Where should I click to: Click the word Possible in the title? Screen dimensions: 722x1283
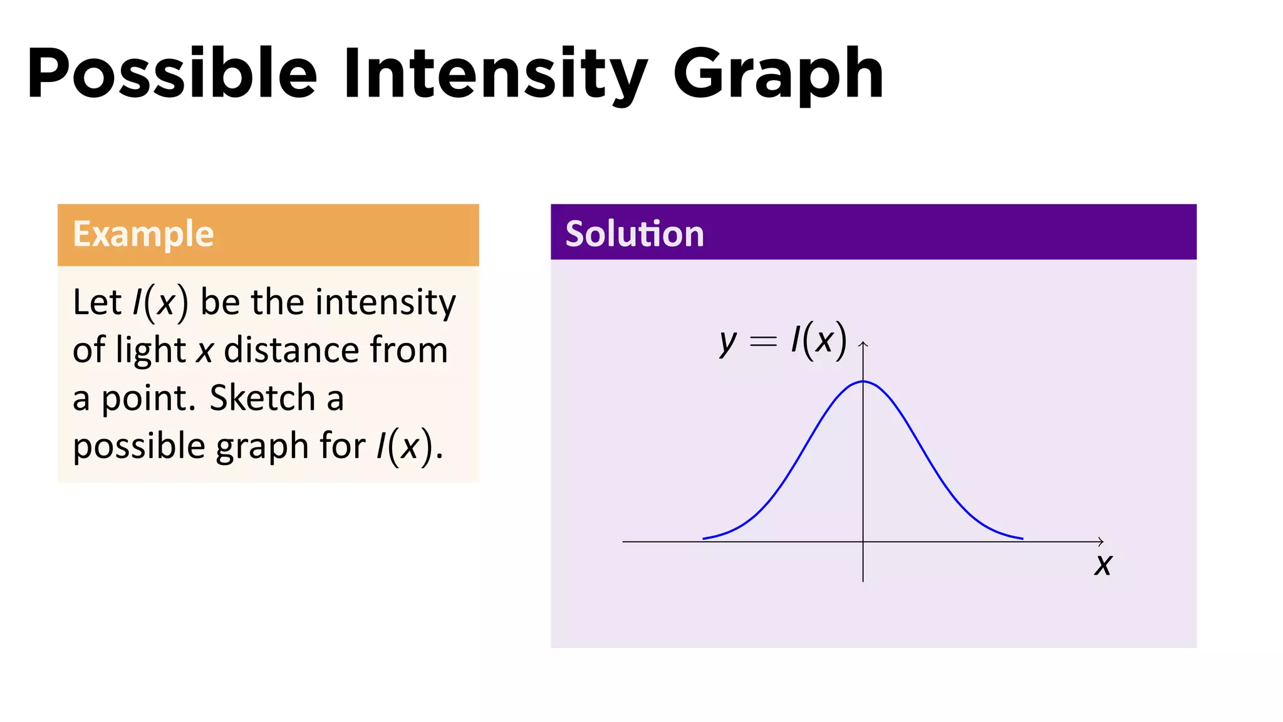pyautogui.click(x=172, y=74)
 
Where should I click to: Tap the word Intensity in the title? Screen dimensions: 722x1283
pyautogui.click(x=495, y=74)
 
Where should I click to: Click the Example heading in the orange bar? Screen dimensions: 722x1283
pyautogui.click(x=143, y=234)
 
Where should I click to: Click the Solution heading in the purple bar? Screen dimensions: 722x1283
pyautogui.click(x=635, y=234)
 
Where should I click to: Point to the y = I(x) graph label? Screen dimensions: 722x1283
pyautogui.click(x=783, y=342)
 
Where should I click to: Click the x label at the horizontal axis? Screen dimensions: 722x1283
pyautogui.click(x=1103, y=565)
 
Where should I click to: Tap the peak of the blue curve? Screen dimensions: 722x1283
pyautogui.click(x=863, y=381)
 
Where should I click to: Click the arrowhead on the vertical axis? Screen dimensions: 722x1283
pyautogui.click(x=863, y=343)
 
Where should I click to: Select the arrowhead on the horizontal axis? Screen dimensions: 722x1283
pyautogui.click(x=1101, y=541)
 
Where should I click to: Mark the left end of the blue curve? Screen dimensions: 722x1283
pyautogui.click(x=704, y=538)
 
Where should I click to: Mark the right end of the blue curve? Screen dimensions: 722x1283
pyautogui.click(x=1022, y=538)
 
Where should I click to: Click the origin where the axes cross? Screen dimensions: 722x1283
pyautogui.click(x=863, y=541)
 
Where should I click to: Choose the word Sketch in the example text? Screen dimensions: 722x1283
pyautogui.click(x=262, y=398)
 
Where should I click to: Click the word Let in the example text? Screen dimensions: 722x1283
pyautogui.click(x=96, y=302)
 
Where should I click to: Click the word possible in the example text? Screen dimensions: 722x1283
pyautogui.click(x=139, y=447)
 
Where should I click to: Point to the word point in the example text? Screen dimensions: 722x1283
pyautogui.click(x=148, y=399)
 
